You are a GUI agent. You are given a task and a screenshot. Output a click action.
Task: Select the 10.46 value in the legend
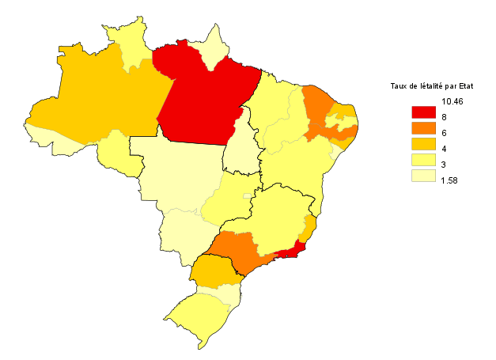(452, 101)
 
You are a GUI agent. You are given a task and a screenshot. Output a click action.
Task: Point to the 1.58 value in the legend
(450, 180)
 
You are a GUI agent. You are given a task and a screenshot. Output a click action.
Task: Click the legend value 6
(445, 133)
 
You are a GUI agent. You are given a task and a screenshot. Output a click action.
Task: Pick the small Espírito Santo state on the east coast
(309, 229)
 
